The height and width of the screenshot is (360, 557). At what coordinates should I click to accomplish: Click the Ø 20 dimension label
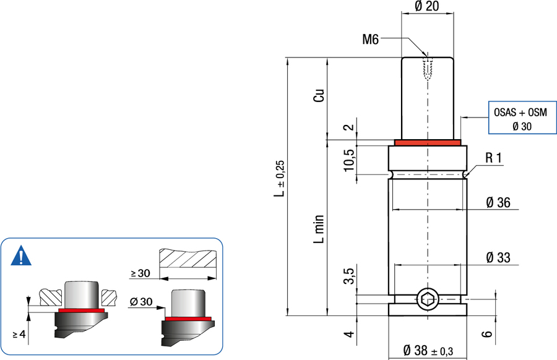pyautogui.click(x=426, y=6)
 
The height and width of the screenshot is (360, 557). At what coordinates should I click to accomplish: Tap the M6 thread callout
pyautogui.click(x=371, y=40)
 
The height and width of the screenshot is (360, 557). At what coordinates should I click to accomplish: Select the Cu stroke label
pyautogui.click(x=319, y=95)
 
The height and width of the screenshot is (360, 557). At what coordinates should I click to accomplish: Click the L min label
pyautogui.click(x=319, y=229)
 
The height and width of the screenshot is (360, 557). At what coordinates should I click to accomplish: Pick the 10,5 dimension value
pyautogui.click(x=349, y=160)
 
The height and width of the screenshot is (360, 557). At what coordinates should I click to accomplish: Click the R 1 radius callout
pyautogui.click(x=494, y=158)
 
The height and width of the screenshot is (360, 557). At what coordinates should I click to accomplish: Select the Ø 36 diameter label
pyautogui.click(x=498, y=202)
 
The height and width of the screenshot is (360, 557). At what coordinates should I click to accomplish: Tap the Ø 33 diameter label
pyautogui.click(x=498, y=257)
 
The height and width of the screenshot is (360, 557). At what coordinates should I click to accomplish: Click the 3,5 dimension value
pyautogui.click(x=349, y=276)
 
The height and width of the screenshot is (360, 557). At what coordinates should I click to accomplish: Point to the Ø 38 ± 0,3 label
pyautogui.click(x=428, y=351)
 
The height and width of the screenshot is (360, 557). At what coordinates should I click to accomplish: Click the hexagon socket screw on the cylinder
pyautogui.click(x=427, y=299)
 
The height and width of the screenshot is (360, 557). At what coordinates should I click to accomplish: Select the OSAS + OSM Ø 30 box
pyautogui.click(x=522, y=118)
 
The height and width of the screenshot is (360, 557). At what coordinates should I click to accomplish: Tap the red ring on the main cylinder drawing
pyautogui.click(x=427, y=142)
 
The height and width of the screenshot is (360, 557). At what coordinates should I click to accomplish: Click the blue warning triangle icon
pyautogui.click(x=21, y=255)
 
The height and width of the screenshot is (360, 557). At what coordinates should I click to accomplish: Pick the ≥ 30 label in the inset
pyautogui.click(x=140, y=273)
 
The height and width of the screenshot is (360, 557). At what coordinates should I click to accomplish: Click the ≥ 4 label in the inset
pyautogui.click(x=19, y=335)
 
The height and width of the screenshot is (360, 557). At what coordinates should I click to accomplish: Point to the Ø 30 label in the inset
pyautogui.click(x=141, y=302)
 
